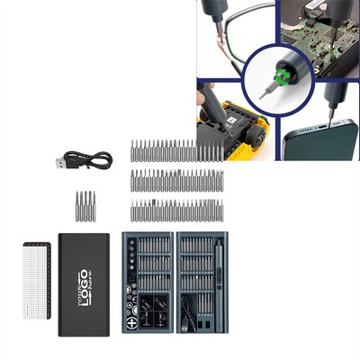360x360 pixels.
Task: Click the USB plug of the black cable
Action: [x=60, y=164]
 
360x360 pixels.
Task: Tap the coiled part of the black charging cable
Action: [x=99, y=159]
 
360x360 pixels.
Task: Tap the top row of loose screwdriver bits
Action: [x=177, y=149]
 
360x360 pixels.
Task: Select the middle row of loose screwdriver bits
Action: [x=177, y=180]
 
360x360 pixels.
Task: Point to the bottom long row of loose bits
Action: [x=177, y=211]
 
